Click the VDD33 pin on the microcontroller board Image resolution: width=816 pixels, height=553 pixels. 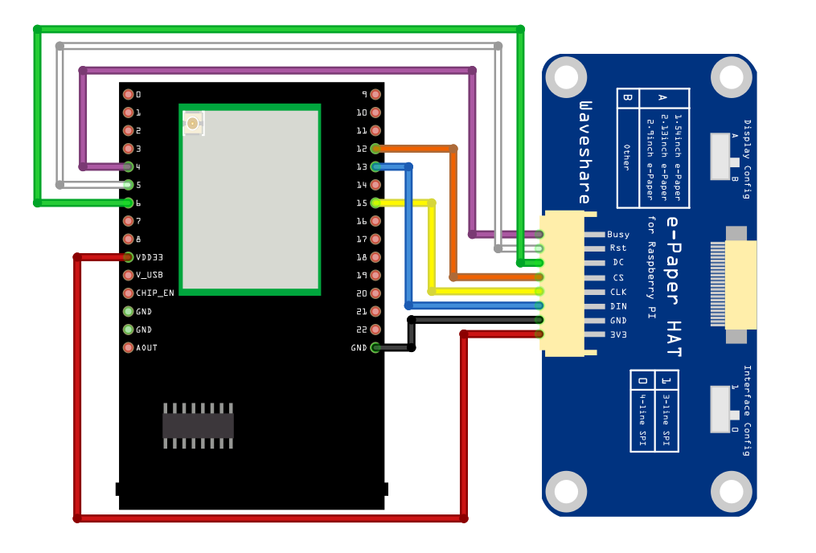(x=129, y=257)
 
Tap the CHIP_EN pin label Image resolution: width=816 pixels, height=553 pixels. (x=154, y=293)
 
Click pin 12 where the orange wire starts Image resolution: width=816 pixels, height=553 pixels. (x=375, y=149)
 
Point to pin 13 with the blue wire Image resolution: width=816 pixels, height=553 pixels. (x=375, y=167)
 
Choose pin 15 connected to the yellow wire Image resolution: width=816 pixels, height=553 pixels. (x=375, y=203)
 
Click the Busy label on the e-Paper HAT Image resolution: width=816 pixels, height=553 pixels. (x=618, y=235)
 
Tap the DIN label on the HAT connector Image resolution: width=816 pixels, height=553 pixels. (x=618, y=306)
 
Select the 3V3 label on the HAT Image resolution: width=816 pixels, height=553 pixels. (x=618, y=334)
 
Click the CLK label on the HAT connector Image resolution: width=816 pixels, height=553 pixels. (x=618, y=292)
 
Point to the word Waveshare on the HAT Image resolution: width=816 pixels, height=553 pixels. (x=585, y=152)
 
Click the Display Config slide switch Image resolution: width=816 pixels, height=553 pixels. (x=725, y=156)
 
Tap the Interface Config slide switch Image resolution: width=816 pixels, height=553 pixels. (x=725, y=409)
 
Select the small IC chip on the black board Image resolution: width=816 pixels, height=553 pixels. (x=198, y=425)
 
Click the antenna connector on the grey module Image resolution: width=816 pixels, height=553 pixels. (x=193, y=124)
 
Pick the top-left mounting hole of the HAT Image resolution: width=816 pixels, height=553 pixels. (x=566, y=77)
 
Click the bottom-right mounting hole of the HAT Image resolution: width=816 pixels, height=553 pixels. (x=731, y=491)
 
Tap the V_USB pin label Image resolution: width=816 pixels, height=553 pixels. (x=150, y=275)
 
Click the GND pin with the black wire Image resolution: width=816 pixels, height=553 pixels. (x=375, y=348)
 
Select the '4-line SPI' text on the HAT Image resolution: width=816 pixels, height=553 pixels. (x=642, y=419)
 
